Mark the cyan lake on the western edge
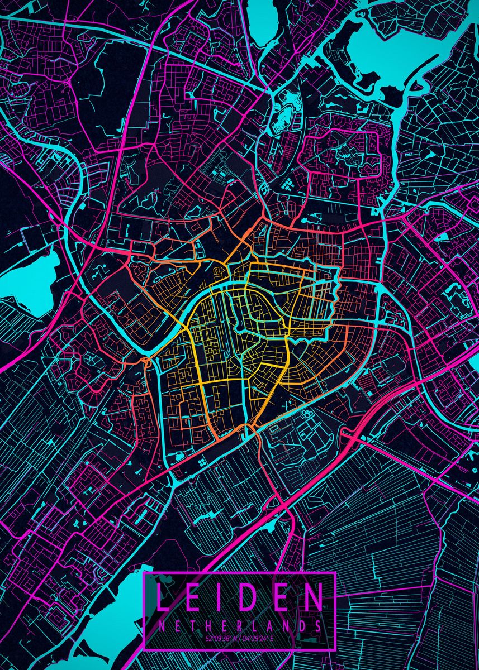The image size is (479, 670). click(x=34, y=279)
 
